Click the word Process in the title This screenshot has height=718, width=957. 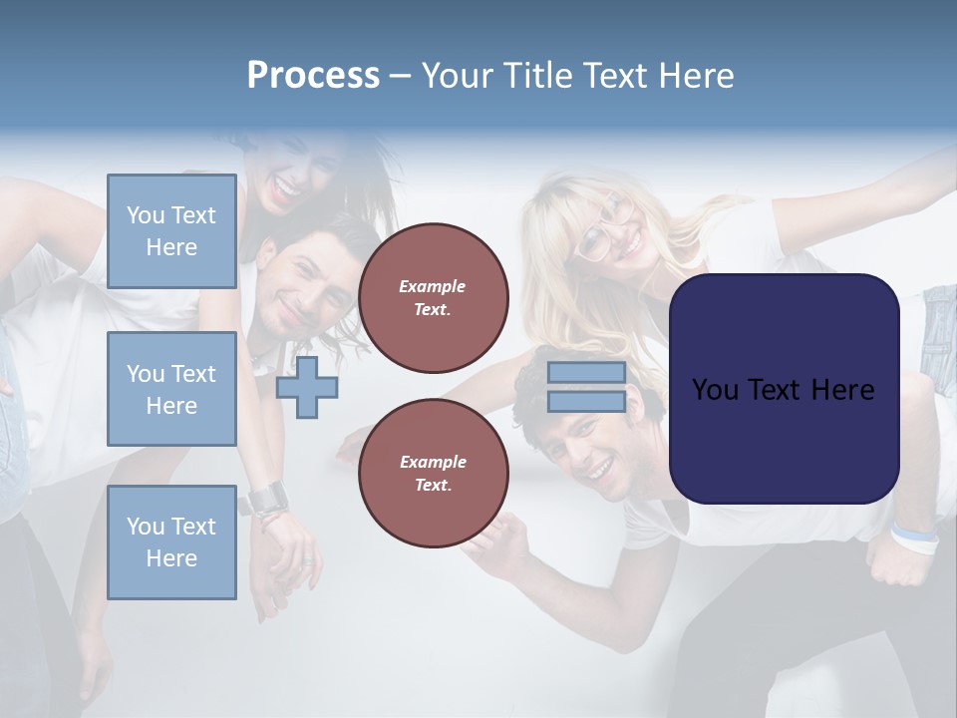[x=313, y=76]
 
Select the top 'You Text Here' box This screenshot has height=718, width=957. [x=171, y=231]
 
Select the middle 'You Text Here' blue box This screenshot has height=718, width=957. [x=171, y=389]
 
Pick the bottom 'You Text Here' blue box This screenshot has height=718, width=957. [x=171, y=541]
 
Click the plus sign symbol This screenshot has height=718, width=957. [x=307, y=387]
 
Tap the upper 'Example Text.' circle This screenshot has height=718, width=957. [x=433, y=298]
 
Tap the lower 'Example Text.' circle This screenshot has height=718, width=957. [x=433, y=474]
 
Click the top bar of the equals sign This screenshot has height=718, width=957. [x=586, y=373]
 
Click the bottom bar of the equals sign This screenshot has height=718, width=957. [x=586, y=401]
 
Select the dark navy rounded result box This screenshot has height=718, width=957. [x=784, y=389]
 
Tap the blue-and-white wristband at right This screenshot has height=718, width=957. [x=914, y=538]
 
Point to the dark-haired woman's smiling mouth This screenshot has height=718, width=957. [x=286, y=185]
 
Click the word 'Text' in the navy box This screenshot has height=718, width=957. [x=784, y=389]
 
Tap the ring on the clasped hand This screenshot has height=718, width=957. [x=307, y=560]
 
